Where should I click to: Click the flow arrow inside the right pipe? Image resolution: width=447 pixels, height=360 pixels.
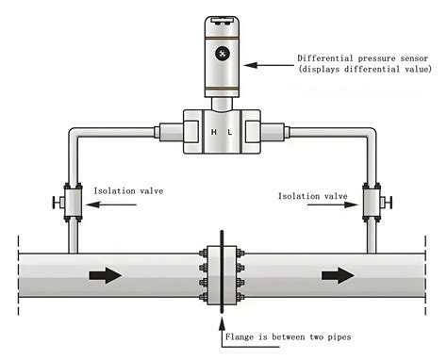pos(336,275)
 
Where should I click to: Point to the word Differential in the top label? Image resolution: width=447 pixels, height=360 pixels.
pos(325,57)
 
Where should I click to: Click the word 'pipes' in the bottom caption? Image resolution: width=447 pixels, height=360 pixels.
pos(361,337)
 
